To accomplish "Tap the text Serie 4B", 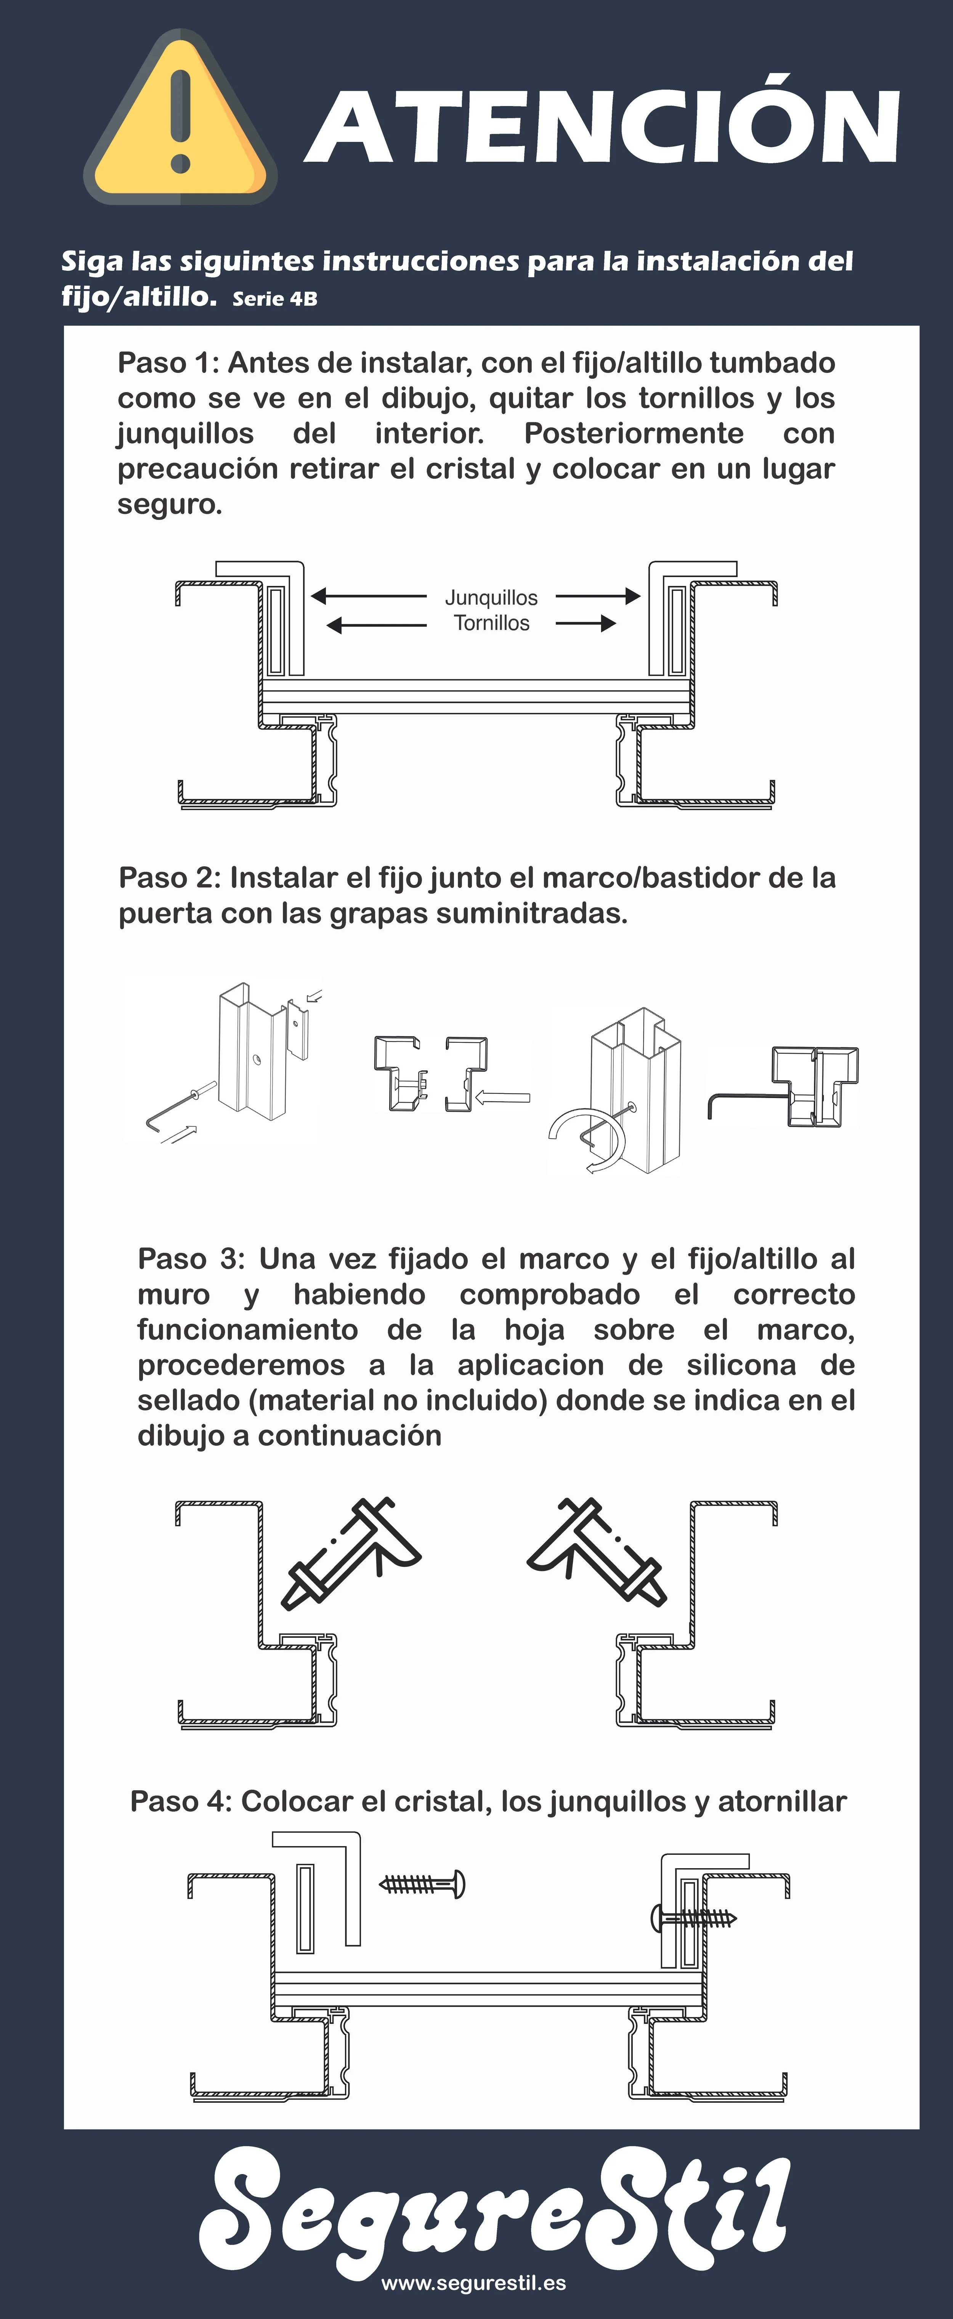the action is coord(274,299).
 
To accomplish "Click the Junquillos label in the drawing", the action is coord(491,598).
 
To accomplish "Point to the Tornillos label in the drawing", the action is coord(491,623).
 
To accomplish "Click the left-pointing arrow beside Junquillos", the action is coord(369,596).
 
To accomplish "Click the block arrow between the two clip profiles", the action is coord(502,1097).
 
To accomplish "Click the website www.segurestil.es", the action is coord(473,2284).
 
